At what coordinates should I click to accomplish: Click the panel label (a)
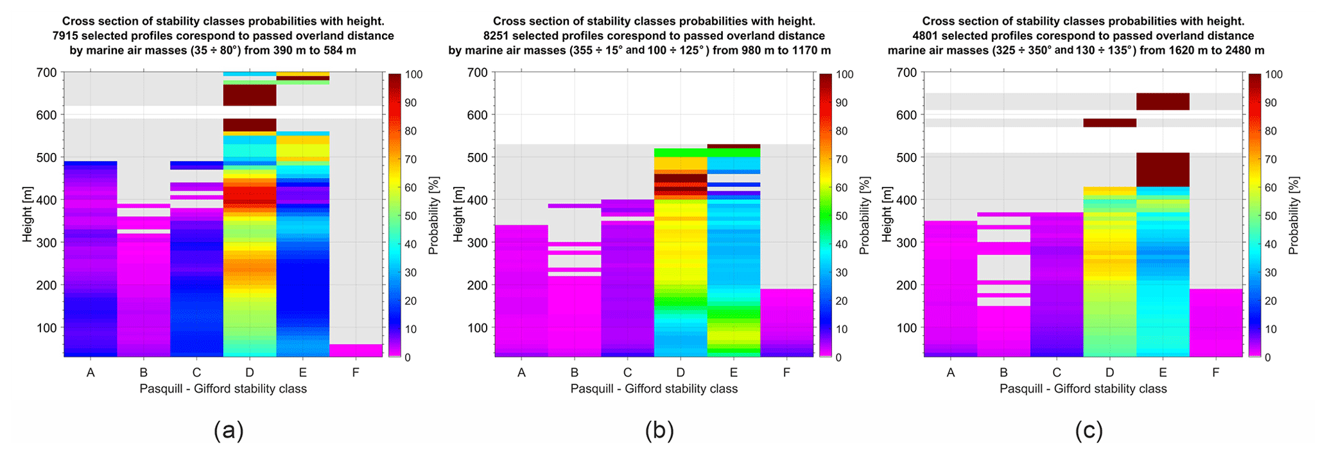229,431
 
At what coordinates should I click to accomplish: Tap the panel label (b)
659,431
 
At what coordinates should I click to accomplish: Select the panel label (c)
1089,431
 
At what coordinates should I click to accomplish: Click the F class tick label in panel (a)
356,373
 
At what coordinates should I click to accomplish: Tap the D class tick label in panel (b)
681,373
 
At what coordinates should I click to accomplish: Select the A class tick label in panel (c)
951,373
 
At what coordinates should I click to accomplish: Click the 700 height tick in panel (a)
47,73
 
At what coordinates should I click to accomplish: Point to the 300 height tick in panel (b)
478,243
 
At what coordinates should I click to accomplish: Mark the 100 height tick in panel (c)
906,328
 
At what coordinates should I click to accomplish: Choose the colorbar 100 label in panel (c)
1274,75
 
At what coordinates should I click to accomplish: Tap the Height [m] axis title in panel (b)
458,215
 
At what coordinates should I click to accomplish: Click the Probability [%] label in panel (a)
434,216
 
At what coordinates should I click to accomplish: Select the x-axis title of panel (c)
1083,389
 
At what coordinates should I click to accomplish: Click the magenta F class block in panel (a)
356,350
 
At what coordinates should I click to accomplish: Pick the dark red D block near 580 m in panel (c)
1109,123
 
